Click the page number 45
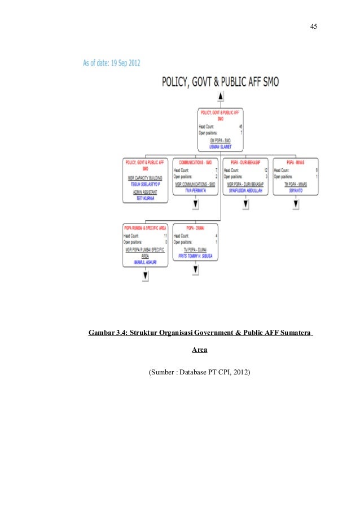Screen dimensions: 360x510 [314, 27]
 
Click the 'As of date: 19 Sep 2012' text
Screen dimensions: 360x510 [111, 63]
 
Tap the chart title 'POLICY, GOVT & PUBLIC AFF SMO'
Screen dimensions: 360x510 [221, 82]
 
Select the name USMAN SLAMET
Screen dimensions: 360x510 [220, 146]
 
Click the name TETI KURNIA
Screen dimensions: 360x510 [145, 199]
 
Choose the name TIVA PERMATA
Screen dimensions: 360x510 [195, 191]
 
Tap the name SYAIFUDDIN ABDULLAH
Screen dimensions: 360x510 [245, 191]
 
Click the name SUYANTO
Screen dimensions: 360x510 [295, 191]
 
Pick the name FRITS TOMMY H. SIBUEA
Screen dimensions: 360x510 [195, 255]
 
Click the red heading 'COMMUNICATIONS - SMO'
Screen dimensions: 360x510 [195, 162]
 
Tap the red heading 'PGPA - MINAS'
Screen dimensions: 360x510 [295, 162]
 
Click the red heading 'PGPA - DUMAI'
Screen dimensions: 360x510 [195, 228]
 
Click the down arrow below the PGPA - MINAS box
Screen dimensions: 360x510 [295, 204]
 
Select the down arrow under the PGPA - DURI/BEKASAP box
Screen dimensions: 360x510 [245, 204]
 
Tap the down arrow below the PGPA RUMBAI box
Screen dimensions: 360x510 [146, 276]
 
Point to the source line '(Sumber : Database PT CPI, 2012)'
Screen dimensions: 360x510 [199, 373]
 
